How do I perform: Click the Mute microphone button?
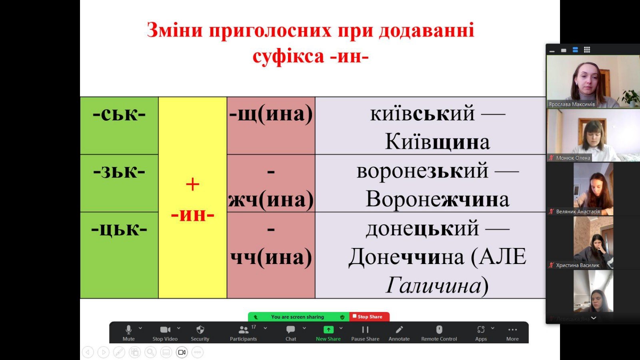[128, 333]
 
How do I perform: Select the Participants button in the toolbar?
[244, 333]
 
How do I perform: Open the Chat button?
[290, 333]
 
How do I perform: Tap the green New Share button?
[328, 333]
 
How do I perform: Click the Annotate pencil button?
[399, 333]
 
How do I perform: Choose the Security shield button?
[200, 333]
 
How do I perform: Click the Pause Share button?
[365, 333]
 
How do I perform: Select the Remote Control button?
[439, 333]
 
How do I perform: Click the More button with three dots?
[512, 333]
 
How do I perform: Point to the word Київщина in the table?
[438, 142]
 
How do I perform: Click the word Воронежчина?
[438, 199]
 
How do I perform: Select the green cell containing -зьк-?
[119, 183]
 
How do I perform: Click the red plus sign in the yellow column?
[192, 184]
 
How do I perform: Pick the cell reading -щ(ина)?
[271, 126]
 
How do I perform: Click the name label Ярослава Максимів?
[572, 104]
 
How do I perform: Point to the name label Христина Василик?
[578, 266]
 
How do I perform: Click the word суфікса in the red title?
[288, 56]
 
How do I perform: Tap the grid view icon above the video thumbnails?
[587, 50]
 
